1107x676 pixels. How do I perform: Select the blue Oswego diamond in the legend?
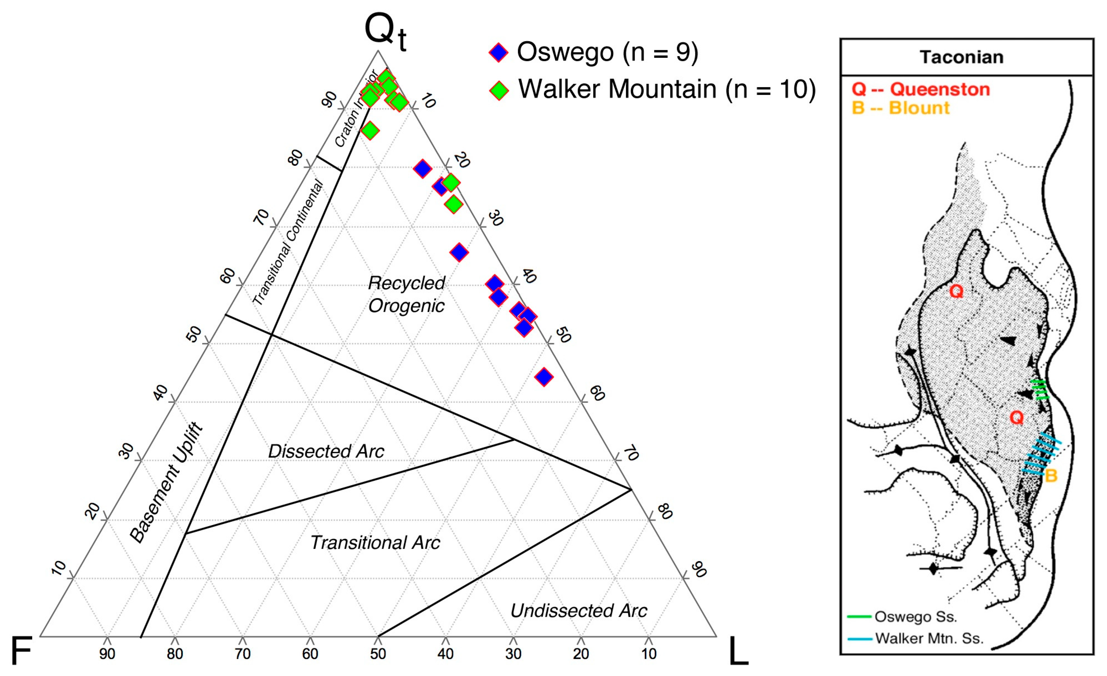pos(499,53)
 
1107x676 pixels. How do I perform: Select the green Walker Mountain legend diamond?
pos(499,90)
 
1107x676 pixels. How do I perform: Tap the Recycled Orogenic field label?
pos(406,294)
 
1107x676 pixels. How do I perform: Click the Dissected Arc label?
pos(326,451)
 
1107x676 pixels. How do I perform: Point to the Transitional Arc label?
pos(375,543)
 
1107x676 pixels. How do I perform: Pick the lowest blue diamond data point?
pos(544,376)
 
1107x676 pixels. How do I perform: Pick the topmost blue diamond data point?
pos(422,169)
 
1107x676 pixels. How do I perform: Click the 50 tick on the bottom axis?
pos(378,654)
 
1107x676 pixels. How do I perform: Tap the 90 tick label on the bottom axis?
pos(107,654)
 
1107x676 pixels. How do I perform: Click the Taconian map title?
pos(962,57)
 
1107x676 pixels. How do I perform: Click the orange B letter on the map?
pos(1051,475)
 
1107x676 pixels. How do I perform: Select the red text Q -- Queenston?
pos(921,89)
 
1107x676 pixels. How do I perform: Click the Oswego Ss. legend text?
pos(916,617)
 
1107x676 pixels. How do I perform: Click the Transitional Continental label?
pos(287,243)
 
